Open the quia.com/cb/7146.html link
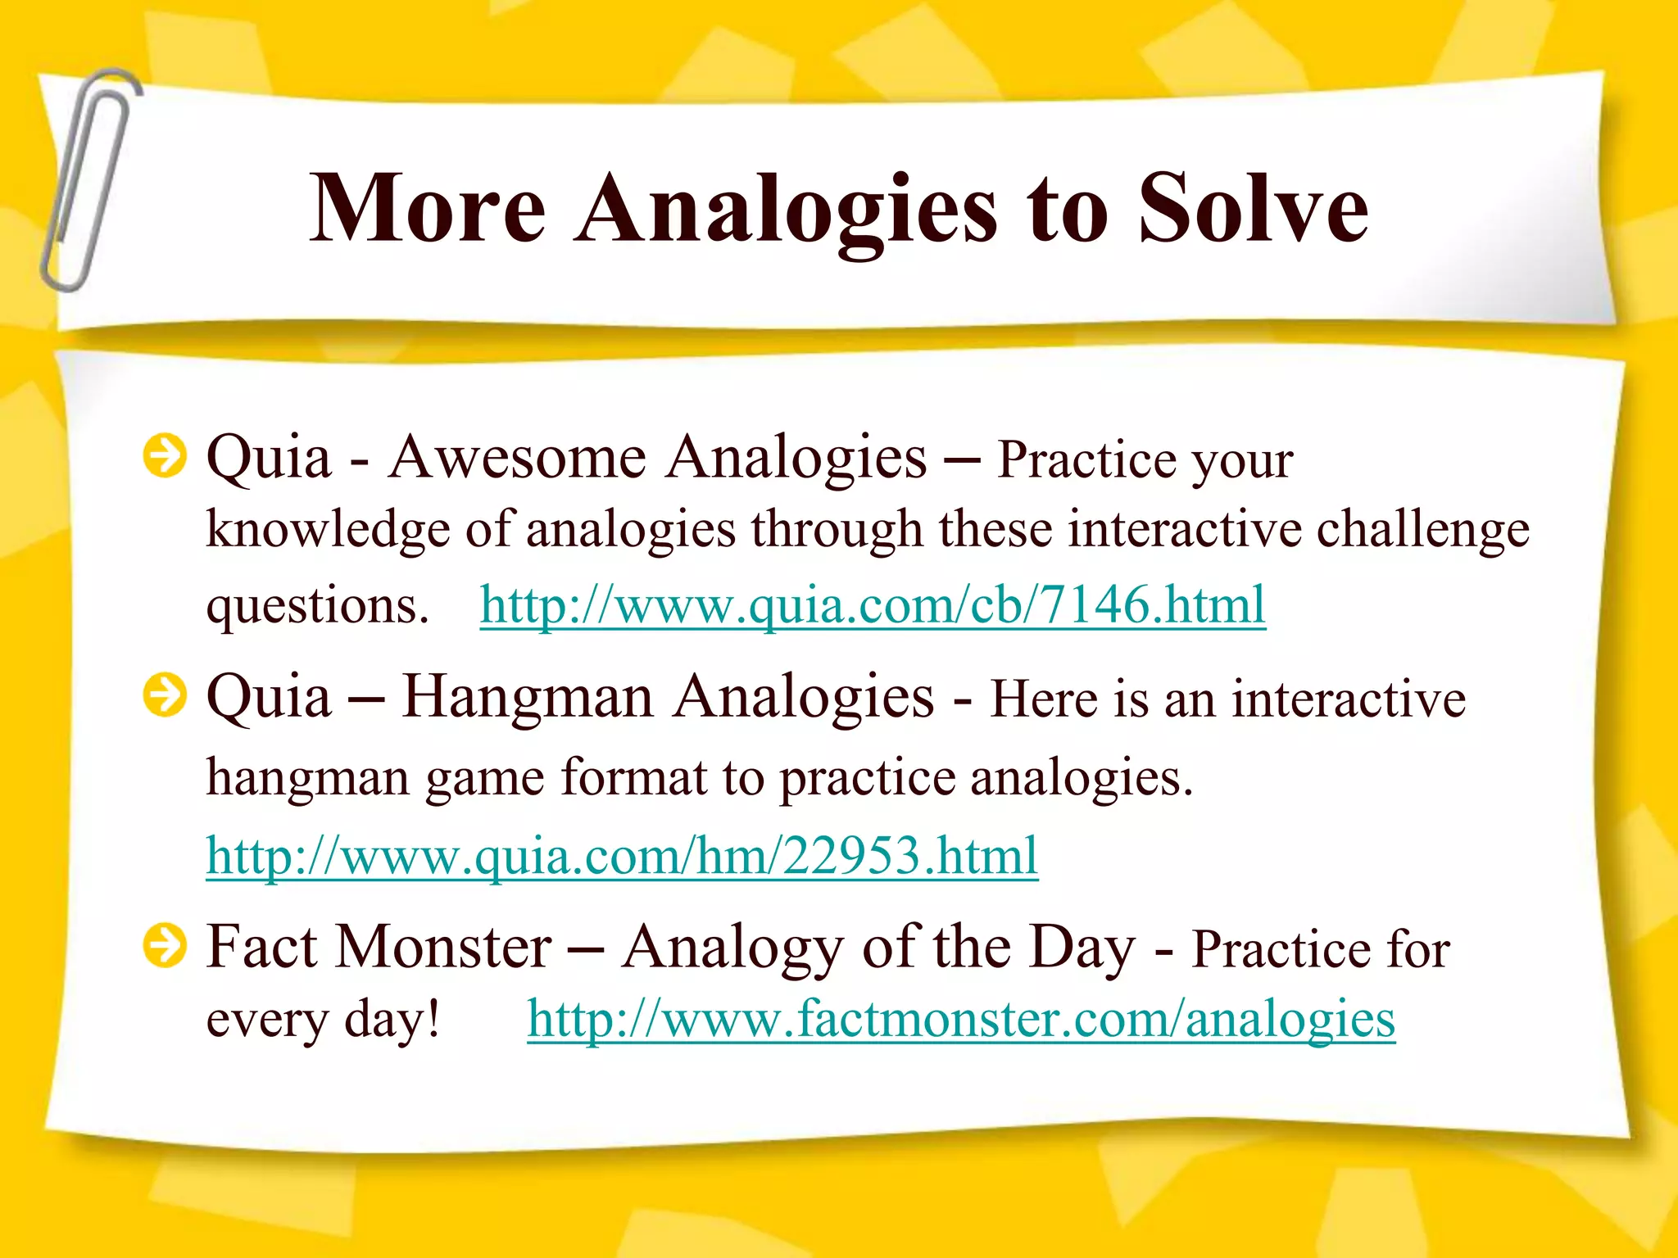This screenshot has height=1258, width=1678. click(x=873, y=606)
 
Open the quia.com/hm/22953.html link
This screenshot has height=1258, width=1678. click(x=622, y=857)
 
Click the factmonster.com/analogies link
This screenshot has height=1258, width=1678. click(x=960, y=1020)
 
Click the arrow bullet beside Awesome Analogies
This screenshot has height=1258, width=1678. click(x=165, y=455)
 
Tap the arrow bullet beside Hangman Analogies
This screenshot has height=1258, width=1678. click(x=165, y=695)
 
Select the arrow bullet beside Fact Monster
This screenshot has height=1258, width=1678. click(x=165, y=946)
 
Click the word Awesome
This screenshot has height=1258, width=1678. click(x=517, y=457)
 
